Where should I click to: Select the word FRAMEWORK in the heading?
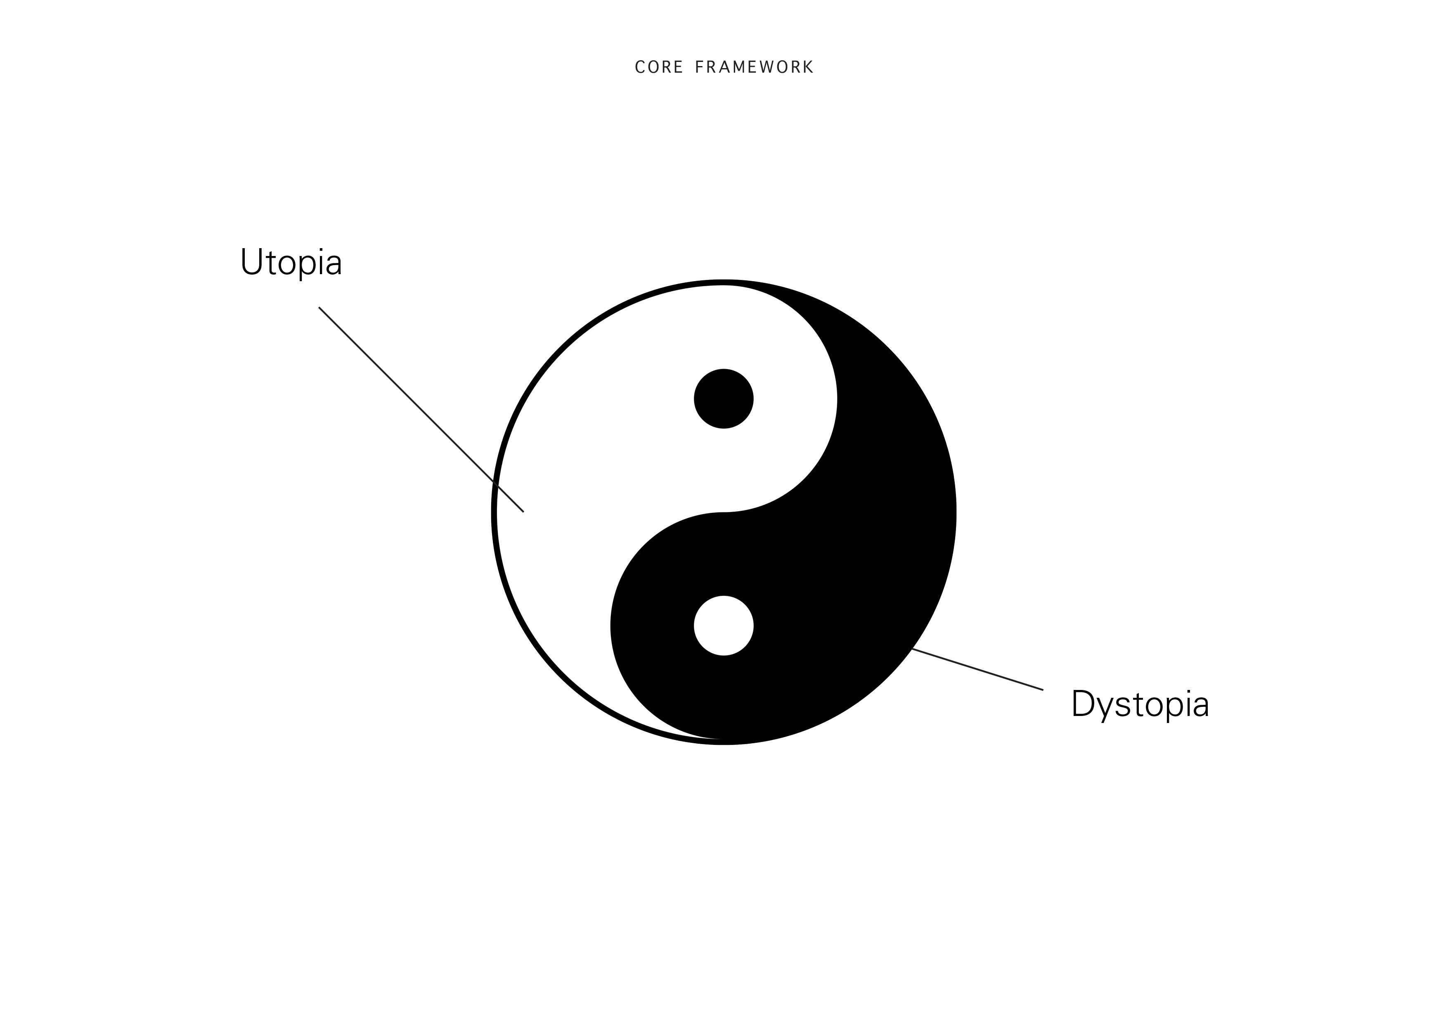754,67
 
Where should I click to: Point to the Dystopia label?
1140,704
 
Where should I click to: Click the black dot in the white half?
723,399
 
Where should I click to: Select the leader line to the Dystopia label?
977,669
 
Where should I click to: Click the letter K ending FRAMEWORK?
808,67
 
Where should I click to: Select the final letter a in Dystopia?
1202,706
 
